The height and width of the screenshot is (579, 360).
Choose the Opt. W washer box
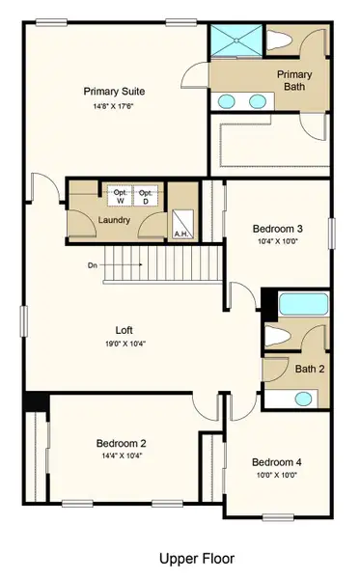pyautogui.click(x=121, y=195)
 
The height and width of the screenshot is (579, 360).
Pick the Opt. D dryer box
pyautogui.click(x=147, y=195)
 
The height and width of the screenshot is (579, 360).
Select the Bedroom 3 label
pyautogui.click(x=278, y=229)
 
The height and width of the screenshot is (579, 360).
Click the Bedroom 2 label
pyautogui.click(x=121, y=444)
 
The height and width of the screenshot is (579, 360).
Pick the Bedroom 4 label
pyautogui.click(x=276, y=462)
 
